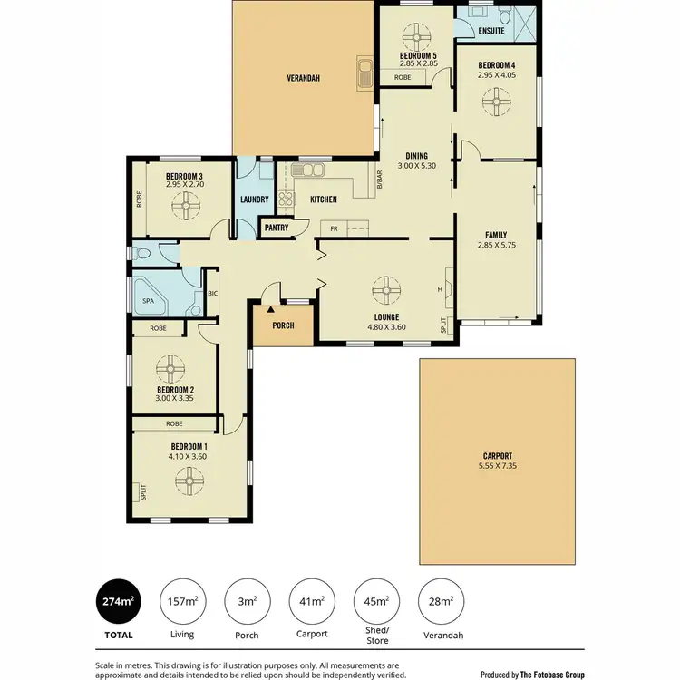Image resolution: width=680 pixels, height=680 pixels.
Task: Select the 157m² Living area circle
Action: (x=184, y=601)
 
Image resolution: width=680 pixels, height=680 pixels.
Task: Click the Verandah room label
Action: (x=305, y=78)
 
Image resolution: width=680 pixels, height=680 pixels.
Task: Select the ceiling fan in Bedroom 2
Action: (x=171, y=367)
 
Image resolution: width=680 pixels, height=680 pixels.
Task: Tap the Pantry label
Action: (x=277, y=228)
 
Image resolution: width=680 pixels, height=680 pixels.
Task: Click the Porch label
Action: (x=283, y=325)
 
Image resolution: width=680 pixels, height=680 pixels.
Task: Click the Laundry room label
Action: (x=254, y=199)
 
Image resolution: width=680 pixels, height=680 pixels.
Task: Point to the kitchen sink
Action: (x=313, y=169)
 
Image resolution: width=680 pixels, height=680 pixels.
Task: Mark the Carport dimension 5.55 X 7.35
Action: (x=497, y=466)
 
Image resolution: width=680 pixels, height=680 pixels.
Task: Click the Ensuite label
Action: (x=491, y=32)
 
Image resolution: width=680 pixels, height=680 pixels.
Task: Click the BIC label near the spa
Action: (x=212, y=293)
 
